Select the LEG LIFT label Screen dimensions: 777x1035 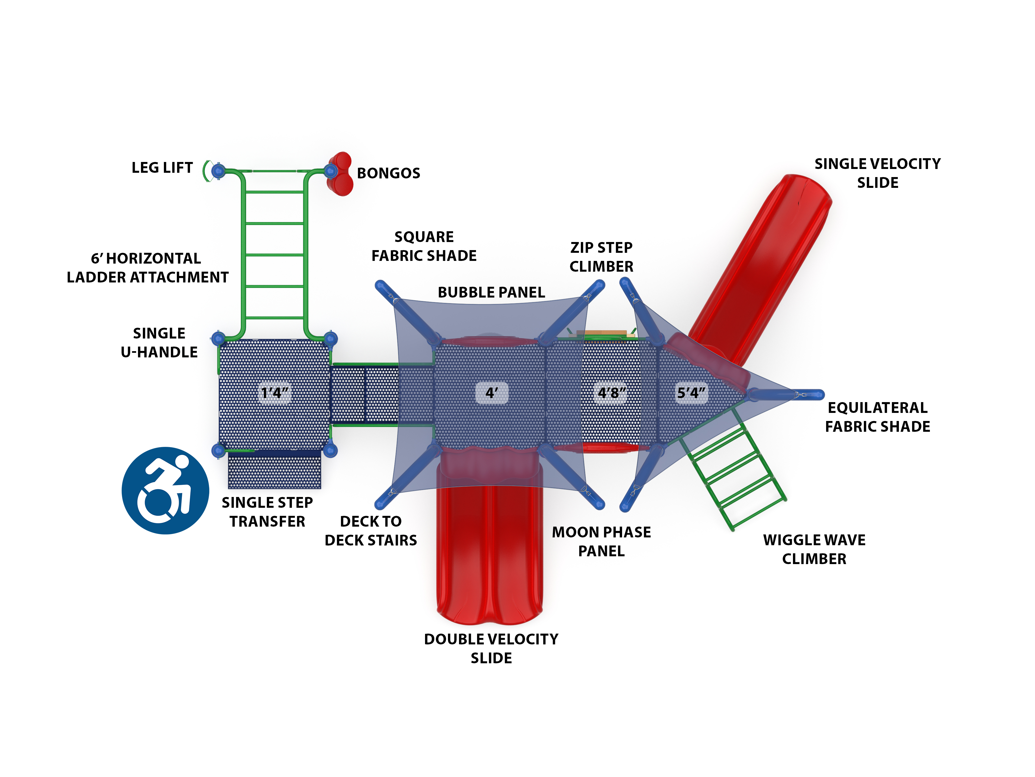click(162, 167)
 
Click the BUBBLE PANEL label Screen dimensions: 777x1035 click(491, 292)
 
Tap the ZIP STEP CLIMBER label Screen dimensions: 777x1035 click(601, 257)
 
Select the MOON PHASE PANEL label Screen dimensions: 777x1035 click(601, 541)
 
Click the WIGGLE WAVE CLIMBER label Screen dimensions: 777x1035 click(814, 549)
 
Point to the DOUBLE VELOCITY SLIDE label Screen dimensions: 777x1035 click(491, 648)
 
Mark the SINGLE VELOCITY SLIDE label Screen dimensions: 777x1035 click(877, 173)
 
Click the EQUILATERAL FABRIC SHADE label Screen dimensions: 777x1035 click(877, 417)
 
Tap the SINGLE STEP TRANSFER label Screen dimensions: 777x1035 click(267, 512)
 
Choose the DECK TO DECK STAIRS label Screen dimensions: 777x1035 click(371, 530)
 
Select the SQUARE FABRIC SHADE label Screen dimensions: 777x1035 click(424, 246)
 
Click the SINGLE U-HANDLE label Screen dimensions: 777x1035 click(159, 343)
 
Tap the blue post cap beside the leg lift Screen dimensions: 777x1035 click(218, 171)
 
